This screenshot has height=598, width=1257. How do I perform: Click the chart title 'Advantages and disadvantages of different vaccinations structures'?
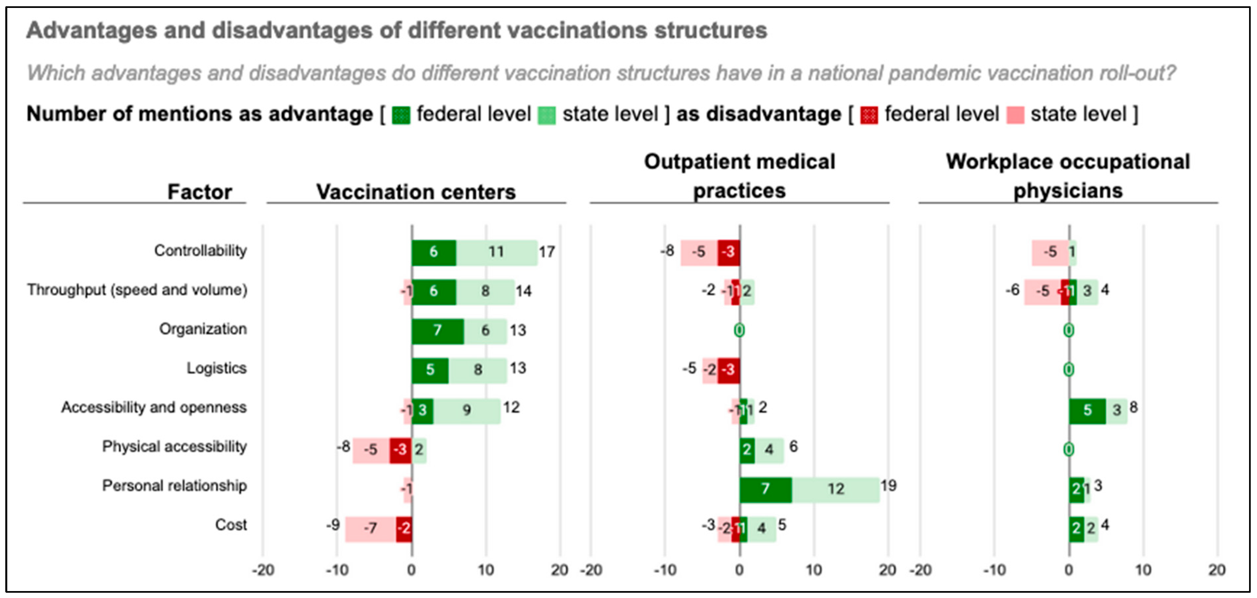coord(396,30)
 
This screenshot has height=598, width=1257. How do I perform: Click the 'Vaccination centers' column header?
coord(416,192)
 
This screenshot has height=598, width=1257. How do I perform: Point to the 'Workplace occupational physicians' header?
coord(1068,176)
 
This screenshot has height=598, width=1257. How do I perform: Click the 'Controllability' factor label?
coord(200,251)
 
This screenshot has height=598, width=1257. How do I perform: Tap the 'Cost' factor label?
coord(231,525)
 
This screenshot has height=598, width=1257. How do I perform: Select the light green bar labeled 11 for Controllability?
coord(496,252)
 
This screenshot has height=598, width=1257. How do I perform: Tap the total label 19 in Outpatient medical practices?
coord(888,486)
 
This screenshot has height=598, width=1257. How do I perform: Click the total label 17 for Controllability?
coord(547,252)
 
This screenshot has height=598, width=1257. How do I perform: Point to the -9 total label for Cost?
coord(333,525)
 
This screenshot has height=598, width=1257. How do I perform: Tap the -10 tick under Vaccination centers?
coord(337,570)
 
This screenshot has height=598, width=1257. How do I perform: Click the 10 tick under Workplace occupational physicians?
coord(1143,570)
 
